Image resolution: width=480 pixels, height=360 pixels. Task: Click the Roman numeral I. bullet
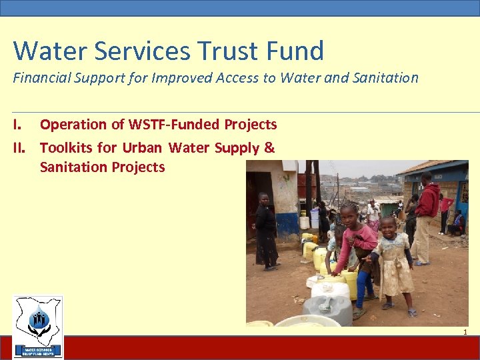pyautogui.click(x=19, y=125)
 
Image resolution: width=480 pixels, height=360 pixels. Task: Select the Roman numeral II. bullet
pyautogui.click(x=21, y=147)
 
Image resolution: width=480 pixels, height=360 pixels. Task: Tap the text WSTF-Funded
pyautogui.click(x=178, y=125)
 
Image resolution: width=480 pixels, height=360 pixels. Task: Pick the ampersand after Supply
pyautogui.click(x=269, y=147)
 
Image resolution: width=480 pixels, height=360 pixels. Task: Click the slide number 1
pyautogui.click(x=465, y=331)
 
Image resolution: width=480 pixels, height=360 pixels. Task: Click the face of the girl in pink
pyautogui.click(x=349, y=215)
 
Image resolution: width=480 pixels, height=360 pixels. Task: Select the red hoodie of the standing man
pyautogui.click(x=428, y=199)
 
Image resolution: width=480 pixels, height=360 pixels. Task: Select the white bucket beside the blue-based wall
pyautogui.click(x=303, y=222)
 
